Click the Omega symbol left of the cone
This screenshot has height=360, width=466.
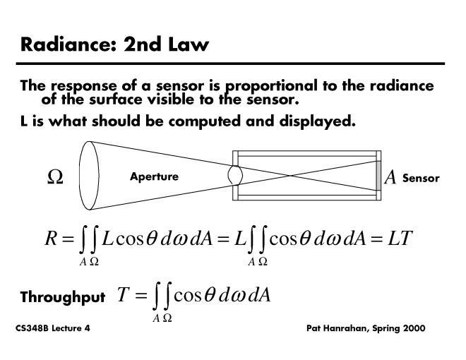pyautogui.click(x=54, y=178)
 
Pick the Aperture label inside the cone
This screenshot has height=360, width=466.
pyautogui.click(x=154, y=176)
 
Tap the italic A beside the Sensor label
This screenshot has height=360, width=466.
pyautogui.click(x=390, y=178)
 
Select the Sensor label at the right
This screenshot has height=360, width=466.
pyautogui.click(x=421, y=178)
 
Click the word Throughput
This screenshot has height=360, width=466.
pyautogui.click(x=62, y=297)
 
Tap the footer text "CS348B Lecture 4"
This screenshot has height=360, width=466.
pyautogui.click(x=52, y=330)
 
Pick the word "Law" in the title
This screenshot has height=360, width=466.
pyautogui.click(x=189, y=44)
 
